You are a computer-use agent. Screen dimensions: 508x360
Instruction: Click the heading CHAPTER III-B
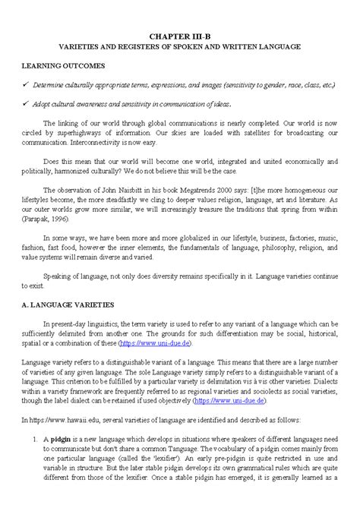[x=181, y=35]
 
